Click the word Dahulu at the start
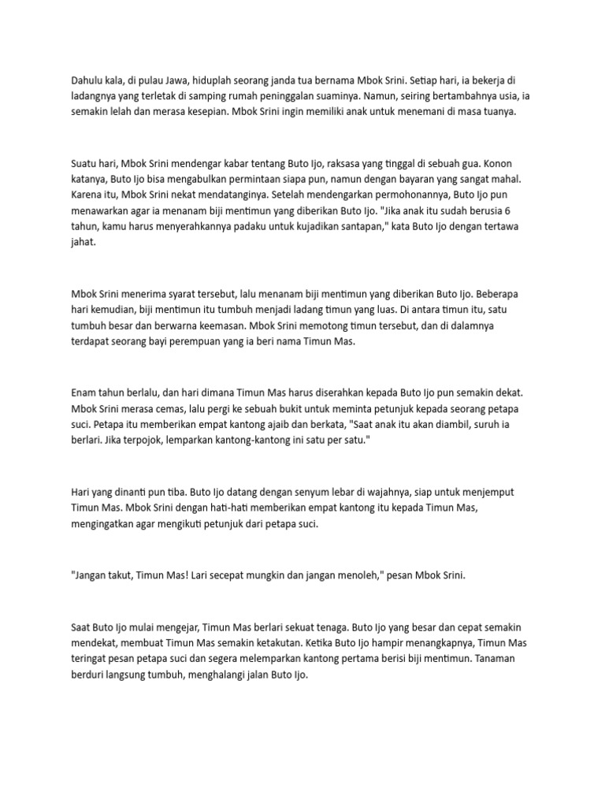[86, 80]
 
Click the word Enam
[84, 392]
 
